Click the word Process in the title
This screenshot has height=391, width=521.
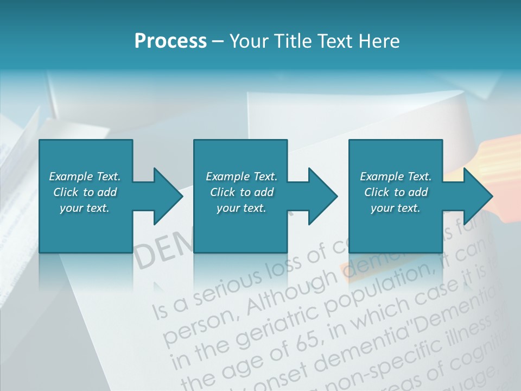coord(170,41)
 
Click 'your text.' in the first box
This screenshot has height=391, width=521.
coord(85,208)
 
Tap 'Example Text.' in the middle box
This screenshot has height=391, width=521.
coord(242,176)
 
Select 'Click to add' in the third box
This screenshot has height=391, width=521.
coord(396,192)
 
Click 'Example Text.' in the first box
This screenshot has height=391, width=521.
coord(85,176)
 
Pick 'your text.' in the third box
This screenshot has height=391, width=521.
coord(396,208)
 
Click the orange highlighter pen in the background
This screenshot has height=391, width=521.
coord(494,163)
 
